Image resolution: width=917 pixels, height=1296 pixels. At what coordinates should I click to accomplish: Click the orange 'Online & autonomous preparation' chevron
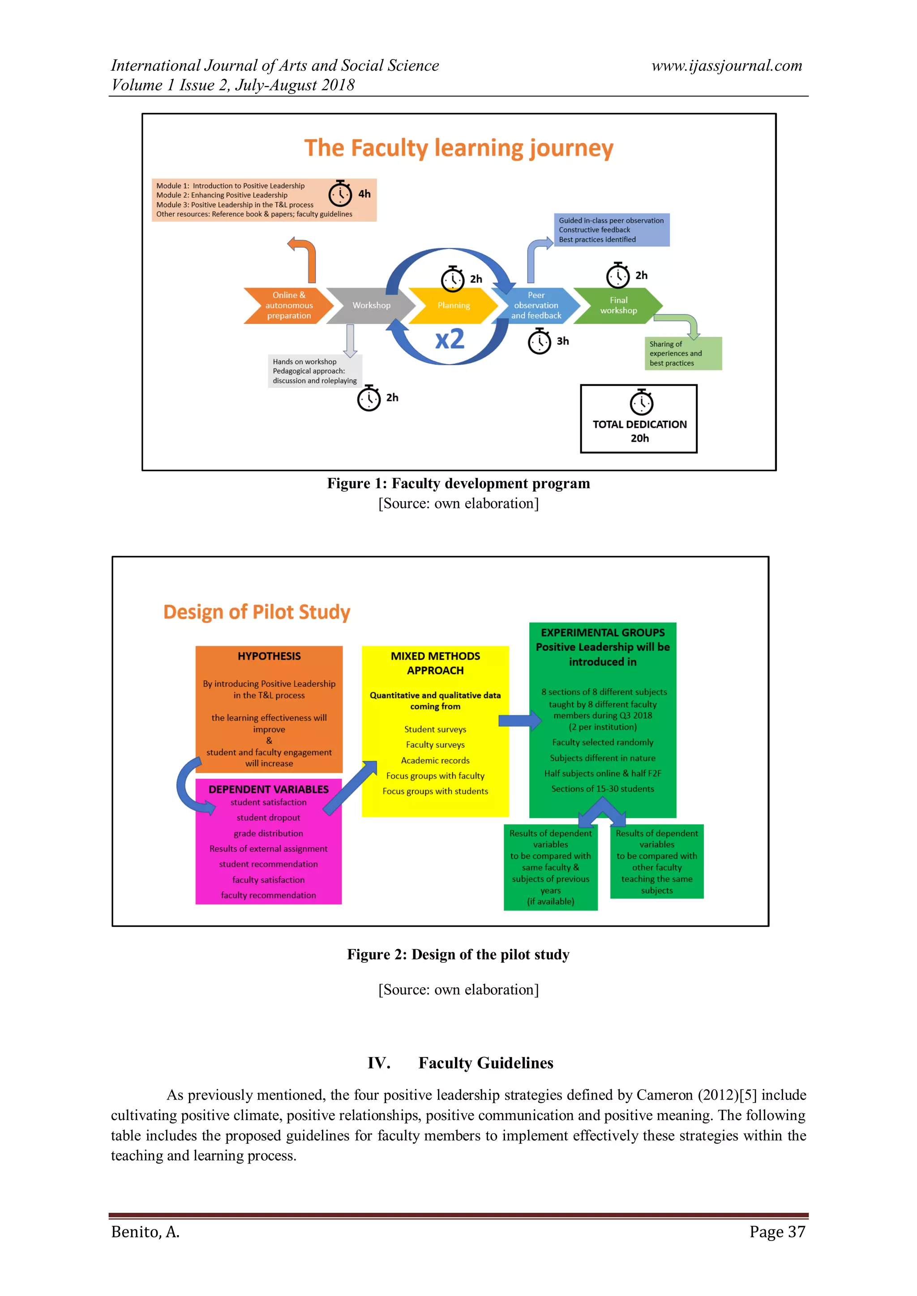288,305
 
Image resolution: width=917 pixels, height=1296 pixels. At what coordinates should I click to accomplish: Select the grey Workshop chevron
371,305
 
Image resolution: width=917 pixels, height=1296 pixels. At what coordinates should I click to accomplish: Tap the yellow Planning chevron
454,305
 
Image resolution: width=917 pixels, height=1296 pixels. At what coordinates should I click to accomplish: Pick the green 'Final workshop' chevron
618,305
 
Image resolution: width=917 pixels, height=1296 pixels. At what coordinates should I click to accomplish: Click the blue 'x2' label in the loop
450,339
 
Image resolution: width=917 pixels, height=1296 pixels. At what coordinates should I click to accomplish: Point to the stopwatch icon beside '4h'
340,194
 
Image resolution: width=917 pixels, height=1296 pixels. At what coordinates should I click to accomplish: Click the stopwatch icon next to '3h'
539,341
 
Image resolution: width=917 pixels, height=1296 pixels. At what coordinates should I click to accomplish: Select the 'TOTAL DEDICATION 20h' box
638,419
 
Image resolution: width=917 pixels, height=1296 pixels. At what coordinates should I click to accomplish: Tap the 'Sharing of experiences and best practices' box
683,354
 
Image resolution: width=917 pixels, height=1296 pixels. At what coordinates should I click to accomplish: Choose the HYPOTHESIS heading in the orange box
269,656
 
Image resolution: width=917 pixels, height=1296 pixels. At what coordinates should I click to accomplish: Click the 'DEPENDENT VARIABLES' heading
269,789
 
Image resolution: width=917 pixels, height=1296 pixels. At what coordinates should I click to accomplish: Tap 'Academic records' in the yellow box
435,760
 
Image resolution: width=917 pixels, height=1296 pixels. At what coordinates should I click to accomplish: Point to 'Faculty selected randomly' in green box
603,742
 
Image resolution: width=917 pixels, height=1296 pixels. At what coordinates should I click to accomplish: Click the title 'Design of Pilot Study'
257,612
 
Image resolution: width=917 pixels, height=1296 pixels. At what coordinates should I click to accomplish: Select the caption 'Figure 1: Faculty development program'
458,484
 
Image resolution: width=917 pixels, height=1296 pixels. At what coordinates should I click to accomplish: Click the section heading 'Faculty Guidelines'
486,1063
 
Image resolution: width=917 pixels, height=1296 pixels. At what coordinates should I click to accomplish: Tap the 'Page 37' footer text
777,1232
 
